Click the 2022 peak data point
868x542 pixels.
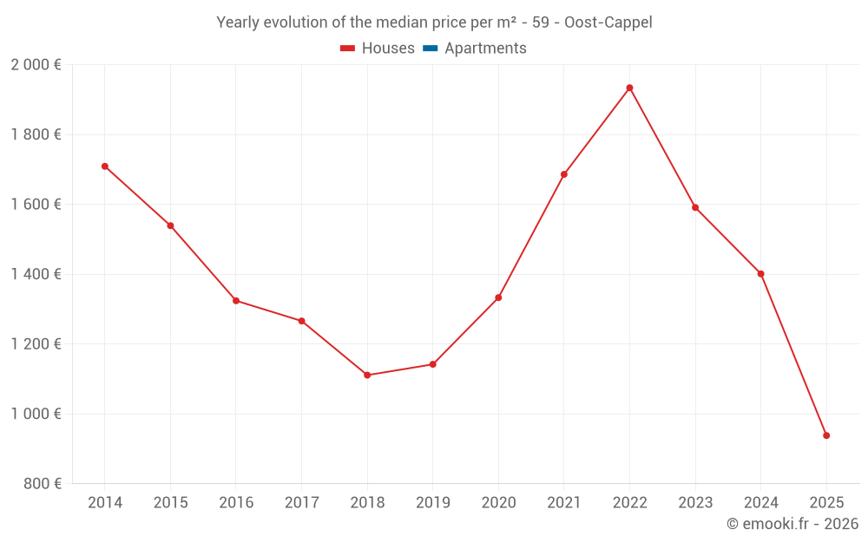point(629,88)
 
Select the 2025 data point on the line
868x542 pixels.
point(826,435)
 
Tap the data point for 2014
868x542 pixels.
point(105,166)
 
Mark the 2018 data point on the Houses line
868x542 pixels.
point(367,375)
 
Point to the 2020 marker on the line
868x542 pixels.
point(498,297)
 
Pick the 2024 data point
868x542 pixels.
point(760,273)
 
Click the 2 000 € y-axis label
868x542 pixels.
point(36,65)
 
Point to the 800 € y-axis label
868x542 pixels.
point(41,484)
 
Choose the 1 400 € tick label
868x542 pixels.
point(36,274)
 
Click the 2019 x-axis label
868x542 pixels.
point(432,503)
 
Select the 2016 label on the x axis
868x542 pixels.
point(236,503)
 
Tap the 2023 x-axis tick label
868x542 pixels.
point(695,503)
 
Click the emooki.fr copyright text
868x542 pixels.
point(792,524)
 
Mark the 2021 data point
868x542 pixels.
point(564,174)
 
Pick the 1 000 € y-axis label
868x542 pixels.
point(36,414)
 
